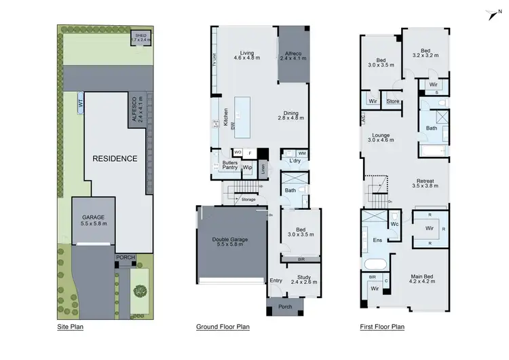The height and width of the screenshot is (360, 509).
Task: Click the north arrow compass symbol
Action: pos(493,14)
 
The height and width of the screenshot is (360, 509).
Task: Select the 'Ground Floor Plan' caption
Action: pos(223,327)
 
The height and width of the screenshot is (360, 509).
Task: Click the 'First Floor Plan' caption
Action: pos(382,327)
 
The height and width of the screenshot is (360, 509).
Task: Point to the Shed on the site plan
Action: pos(140,38)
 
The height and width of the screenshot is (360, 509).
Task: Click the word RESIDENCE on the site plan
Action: pos(115,159)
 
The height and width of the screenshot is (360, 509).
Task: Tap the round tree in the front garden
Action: pos(140,291)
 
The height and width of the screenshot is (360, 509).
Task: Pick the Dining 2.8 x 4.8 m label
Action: pos(290,115)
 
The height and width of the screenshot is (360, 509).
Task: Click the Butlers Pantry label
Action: pos(230,166)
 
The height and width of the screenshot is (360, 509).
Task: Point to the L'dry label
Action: pos(295,160)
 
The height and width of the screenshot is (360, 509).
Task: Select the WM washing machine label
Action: pos(301,154)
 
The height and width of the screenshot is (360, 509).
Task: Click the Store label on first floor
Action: pos(393,102)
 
